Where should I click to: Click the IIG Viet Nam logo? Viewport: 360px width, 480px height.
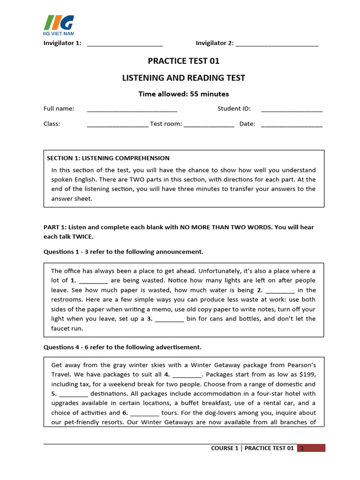point(59,25)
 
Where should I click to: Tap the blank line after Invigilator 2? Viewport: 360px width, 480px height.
point(277,44)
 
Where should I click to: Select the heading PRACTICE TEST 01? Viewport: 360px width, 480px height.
point(183,61)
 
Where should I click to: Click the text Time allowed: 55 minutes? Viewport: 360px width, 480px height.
point(183,94)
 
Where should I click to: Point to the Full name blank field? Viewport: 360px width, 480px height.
point(132,109)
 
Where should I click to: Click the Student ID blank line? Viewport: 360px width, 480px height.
point(292,109)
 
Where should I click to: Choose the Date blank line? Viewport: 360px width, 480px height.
point(292,125)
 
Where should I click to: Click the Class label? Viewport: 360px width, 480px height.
point(52,124)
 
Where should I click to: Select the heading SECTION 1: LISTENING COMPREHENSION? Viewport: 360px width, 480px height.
point(108,158)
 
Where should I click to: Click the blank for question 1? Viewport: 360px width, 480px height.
point(94,281)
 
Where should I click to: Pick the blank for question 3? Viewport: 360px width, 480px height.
point(169,319)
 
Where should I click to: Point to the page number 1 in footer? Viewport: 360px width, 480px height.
point(303,449)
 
